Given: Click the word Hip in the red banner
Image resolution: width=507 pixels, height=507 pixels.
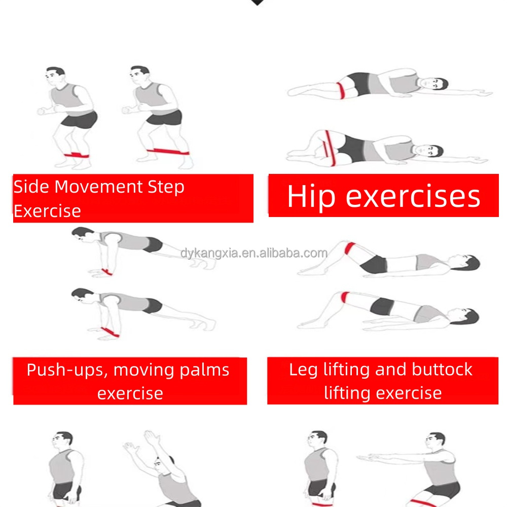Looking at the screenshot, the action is coord(311,197).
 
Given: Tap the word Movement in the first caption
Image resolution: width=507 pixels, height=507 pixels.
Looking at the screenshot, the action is coord(99,187).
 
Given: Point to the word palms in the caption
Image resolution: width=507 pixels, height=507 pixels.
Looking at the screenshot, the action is coord(204,371).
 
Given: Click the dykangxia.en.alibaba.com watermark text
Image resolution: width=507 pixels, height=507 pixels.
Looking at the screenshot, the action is coord(254,253).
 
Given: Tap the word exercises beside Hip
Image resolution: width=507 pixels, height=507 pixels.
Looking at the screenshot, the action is coord(413,197).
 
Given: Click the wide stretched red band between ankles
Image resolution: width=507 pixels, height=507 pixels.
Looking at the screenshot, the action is coord(168,151).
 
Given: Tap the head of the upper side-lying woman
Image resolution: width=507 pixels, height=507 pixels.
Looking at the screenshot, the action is coord(436,84).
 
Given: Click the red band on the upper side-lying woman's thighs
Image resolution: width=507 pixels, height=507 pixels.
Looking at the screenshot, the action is coord(341,90).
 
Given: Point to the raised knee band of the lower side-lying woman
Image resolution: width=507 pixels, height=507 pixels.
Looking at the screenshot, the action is coord(330,149).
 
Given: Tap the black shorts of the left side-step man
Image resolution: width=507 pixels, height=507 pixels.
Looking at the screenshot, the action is coord(80,119).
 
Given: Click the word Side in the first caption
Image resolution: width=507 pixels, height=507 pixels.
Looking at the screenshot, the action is coord(31,187).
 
